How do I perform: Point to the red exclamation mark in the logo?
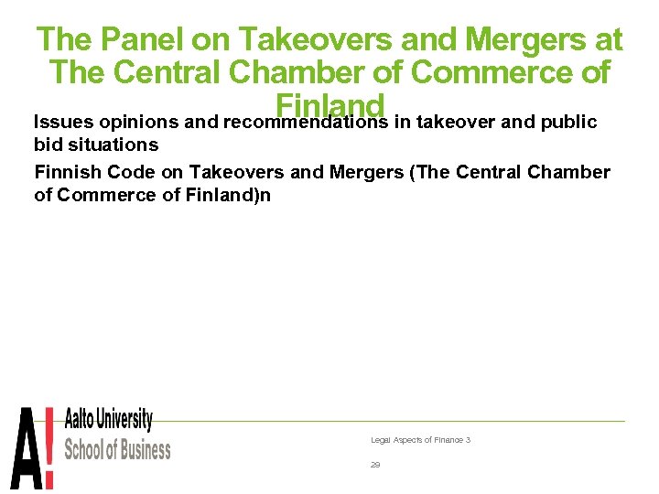(49, 448)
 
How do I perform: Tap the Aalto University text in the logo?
(108, 421)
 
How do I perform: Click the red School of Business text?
(117, 449)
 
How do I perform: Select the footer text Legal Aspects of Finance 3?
(420, 440)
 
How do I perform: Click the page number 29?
(375, 465)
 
